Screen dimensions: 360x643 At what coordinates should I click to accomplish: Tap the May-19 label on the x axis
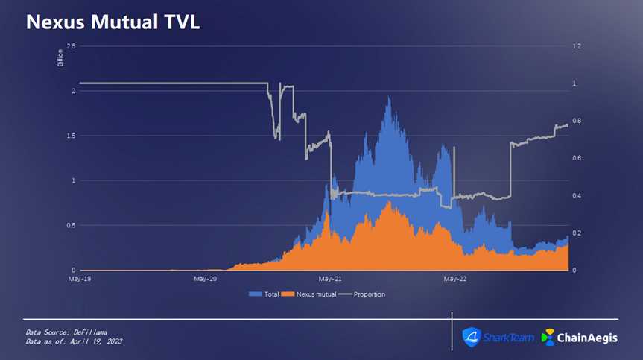80,279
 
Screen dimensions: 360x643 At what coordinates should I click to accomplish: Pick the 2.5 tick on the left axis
71,46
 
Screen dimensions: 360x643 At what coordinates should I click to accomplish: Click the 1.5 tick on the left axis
71,136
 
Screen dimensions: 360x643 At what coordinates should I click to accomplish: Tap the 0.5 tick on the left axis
71,225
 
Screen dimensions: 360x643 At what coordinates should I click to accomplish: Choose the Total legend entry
266,294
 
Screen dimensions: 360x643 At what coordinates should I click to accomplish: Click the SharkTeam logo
498,338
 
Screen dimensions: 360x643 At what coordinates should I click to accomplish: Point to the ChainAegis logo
579,338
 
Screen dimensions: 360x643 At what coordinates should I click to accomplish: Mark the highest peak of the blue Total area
388,97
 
